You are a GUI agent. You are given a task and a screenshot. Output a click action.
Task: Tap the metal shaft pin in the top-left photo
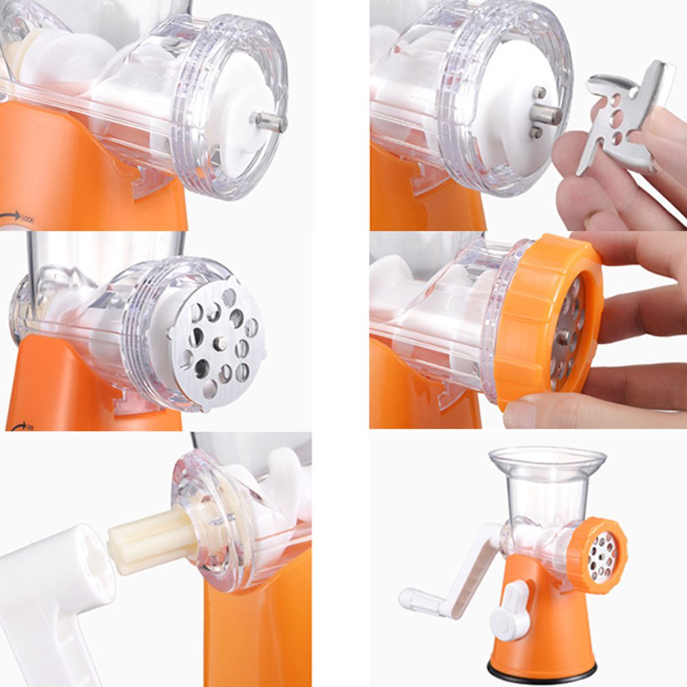(271, 122)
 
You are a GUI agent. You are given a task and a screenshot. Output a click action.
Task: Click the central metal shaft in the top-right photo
(547, 114)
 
